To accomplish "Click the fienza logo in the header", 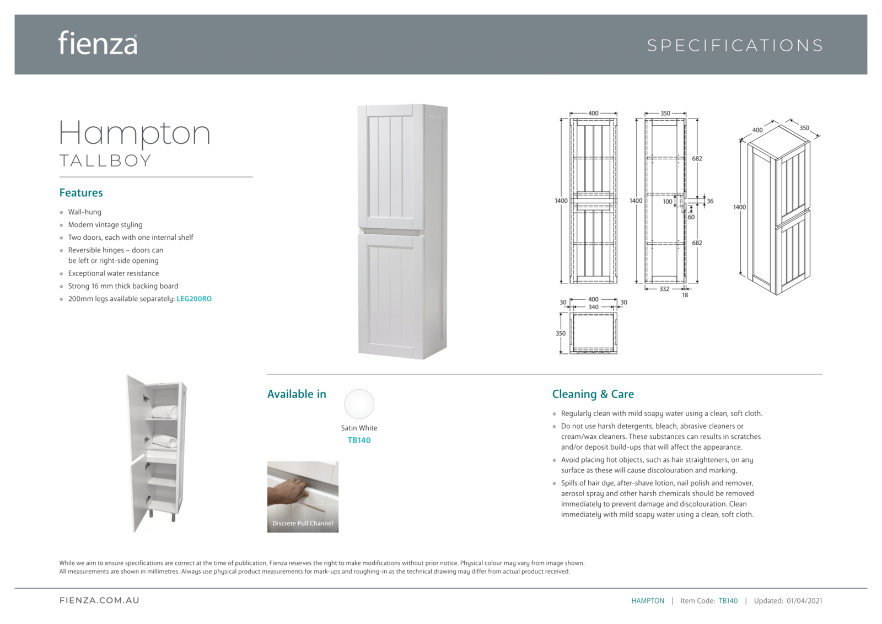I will click(98, 44).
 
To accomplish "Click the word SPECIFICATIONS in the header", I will click(734, 45).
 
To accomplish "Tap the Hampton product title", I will click(135, 133).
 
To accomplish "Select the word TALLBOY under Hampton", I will click(105, 161).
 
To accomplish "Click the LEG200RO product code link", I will click(194, 299).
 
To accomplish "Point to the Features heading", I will click(81, 193).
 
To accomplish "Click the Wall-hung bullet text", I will click(84, 212).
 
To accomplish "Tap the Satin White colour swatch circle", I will click(359, 404).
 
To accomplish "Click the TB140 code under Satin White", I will click(359, 440).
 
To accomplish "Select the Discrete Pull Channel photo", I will click(303, 497).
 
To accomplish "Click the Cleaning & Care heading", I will click(593, 394).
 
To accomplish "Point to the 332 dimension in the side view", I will click(664, 289).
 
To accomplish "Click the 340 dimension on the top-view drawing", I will click(593, 307).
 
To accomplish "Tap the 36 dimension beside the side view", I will click(710, 201).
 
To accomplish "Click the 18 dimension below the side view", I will click(685, 295).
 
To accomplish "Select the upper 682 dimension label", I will click(697, 159).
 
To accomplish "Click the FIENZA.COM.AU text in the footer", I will click(100, 600).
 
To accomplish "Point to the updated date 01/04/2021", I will click(804, 601).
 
